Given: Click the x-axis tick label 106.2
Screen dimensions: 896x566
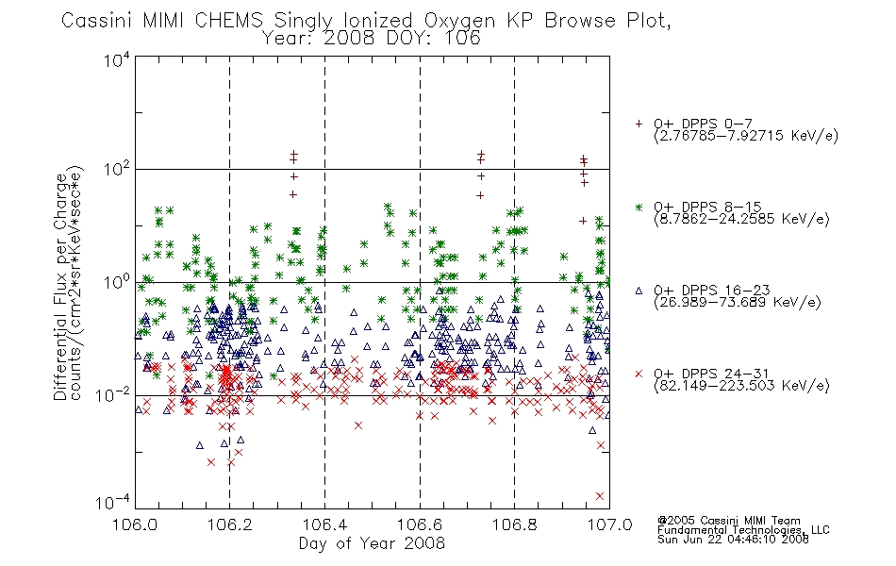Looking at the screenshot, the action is pyautogui.click(x=230, y=524).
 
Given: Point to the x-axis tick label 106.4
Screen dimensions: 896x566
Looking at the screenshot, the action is pyautogui.click(x=324, y=524).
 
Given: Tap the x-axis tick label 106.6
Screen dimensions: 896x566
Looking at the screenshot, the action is pyautogui.click(x=420, y=524).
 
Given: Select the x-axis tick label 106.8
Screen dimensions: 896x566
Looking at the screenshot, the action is pyautogui.click(x=514, y=524).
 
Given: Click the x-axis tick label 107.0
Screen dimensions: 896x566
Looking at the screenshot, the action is pyautogui.click(x=609, y=524).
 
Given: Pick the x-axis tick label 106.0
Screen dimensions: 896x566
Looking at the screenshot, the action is pyautogui.click(x=135, y=524).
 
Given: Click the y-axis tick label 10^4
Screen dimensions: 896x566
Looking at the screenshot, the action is pyautogui.click(x=117, y=59).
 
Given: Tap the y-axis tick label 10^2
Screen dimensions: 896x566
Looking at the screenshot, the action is pyautogui.click(x=117, y=169).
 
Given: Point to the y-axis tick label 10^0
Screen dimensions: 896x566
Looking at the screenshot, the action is pyautogui.click(x=117, y=282).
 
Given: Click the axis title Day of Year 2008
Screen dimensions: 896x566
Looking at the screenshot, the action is pyautogui.click(x=372, y=543).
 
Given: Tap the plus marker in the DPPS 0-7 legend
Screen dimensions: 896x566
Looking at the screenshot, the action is pyautogui.click(x=639, y=124).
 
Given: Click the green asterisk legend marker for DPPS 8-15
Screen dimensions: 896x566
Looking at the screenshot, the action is pyautogui.click(x=639, y=207).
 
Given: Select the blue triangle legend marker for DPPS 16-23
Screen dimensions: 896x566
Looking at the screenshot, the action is pyautogui.click(x=639, y=291).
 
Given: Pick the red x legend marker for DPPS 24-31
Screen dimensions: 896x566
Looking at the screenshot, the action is pyautogui.click(x=639, y=374).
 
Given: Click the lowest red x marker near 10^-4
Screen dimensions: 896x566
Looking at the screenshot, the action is pyautogui.click(x=600, y=496).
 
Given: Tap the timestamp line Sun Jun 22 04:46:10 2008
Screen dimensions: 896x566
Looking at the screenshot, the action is pyautogui.click(x=733, y=540).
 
